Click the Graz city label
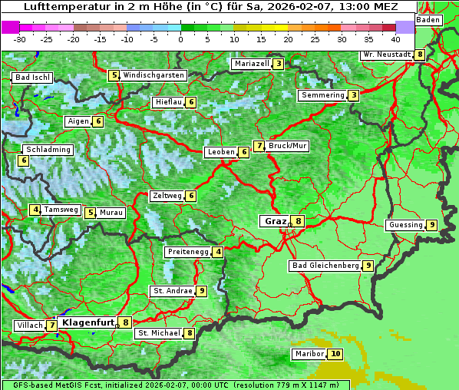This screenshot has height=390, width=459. tap(275, 221)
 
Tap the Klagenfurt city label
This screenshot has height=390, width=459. tap(88, 323)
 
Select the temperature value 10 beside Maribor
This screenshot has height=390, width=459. tap(335, 354)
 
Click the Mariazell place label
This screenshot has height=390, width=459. tap(252, 64)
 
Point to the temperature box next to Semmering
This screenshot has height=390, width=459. tap(353, 95)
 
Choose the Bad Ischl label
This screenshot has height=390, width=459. tap(32, 78)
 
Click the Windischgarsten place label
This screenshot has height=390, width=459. tap(154, 75)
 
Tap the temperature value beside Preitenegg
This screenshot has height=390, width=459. tap(219, 252)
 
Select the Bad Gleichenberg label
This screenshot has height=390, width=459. tap(325, 266)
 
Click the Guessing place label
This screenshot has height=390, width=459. tap(405, 225)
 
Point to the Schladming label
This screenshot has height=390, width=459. tap(48, 150)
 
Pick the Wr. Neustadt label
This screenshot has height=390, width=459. tap(387, 55)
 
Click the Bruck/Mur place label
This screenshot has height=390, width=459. tap(288, 145)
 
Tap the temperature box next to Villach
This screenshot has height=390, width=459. tap(51, 326)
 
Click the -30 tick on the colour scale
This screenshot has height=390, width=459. tap(20, 38)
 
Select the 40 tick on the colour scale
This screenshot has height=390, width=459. tap(395, 38)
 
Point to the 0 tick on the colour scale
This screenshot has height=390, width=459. tap(180, 38)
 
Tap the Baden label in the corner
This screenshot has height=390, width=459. tap(429, 19)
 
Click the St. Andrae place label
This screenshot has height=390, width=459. tap(172, 291)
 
